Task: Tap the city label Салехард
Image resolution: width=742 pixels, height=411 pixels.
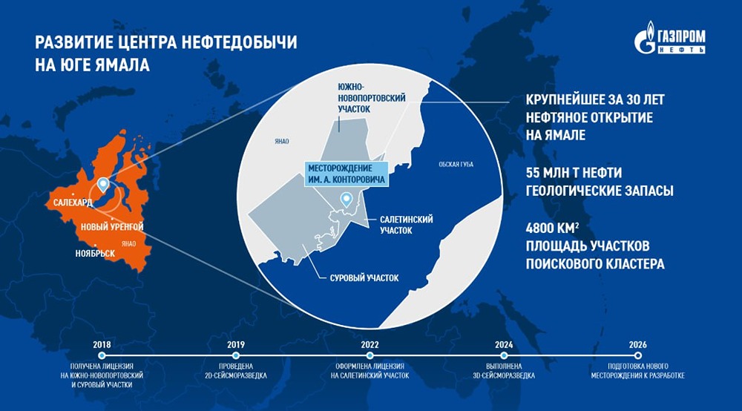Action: tap(73, 201)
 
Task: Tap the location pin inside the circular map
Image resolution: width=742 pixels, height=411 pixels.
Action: tap(345, 199)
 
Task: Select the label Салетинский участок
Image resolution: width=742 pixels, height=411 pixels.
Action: tap(406, 225)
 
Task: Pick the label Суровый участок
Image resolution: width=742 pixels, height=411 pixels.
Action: tap(364, 278)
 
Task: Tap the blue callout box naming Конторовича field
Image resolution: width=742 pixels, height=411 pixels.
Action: tap(347, 174)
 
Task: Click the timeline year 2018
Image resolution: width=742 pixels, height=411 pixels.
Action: tap(102, 345)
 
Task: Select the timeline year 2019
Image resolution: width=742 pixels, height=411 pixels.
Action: tap(237, 345)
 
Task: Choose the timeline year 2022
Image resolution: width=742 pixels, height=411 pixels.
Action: tap(370, 345)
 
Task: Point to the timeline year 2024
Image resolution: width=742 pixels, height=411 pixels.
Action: tap(503, 345)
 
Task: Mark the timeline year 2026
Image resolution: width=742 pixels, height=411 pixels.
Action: tap(637, 345)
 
